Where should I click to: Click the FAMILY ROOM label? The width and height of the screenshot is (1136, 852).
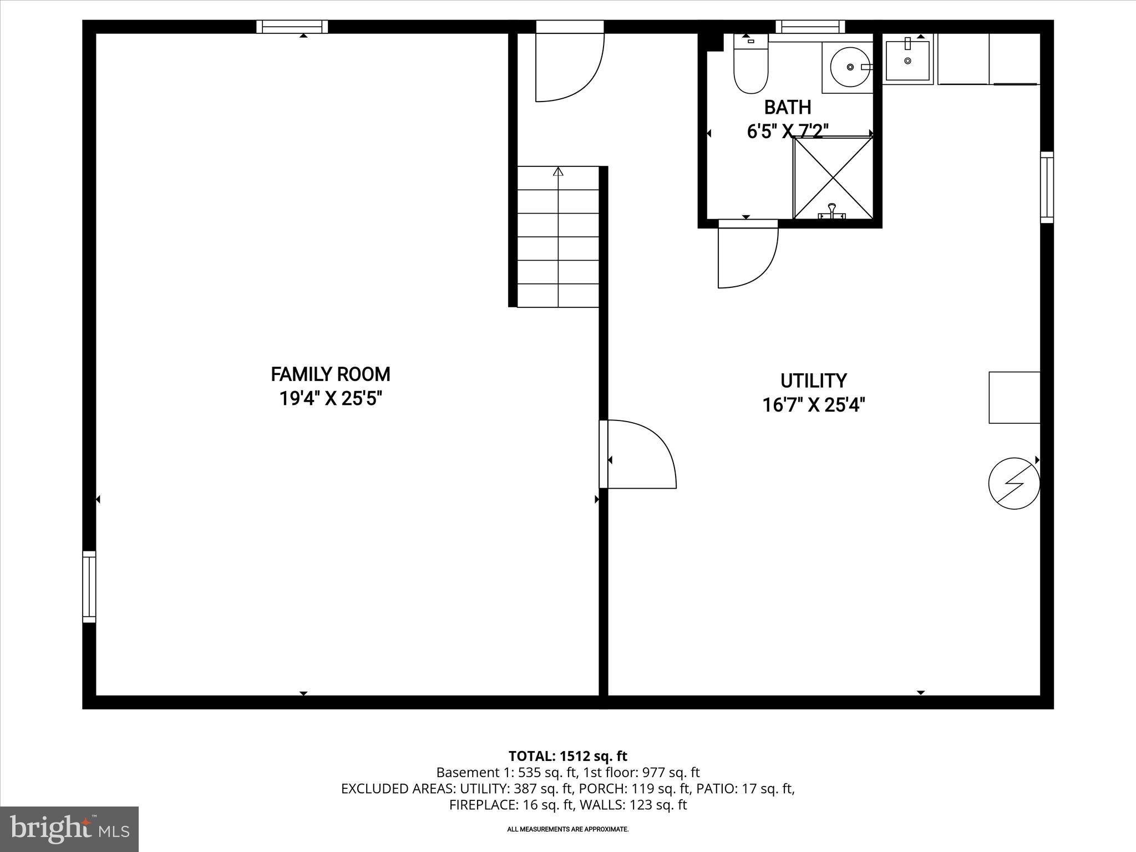pos(330,374)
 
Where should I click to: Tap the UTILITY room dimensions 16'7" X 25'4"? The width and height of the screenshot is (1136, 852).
pos(813,405)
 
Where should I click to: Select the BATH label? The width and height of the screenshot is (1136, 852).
pos(787,107)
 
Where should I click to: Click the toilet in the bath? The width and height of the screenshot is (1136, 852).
pos(750,65)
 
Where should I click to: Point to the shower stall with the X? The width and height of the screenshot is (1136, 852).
pos(833,177)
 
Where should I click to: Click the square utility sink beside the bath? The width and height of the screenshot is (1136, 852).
pos(907,60)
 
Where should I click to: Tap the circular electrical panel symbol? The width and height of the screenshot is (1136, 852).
pos(1013,483)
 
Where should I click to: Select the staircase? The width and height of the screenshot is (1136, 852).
pos(558,239)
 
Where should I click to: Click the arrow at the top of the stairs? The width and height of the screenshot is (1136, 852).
pos(558,171)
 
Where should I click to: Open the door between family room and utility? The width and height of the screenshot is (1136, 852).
pos(638,455)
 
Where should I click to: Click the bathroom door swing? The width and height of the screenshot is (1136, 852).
pos(747,255)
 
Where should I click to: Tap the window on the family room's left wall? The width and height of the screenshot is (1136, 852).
pos(89,586)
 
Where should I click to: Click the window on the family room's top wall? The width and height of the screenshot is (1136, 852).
pos(292,27)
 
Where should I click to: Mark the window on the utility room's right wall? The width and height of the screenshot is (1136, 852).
pos(1046,187)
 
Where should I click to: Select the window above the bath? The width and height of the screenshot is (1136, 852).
pos(810,27)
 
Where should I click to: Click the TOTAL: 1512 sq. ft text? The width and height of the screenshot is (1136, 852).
pos(567,756)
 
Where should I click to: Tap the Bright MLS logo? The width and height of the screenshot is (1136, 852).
pos(69,829)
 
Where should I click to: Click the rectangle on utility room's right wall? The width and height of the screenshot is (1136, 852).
pos(1014,398)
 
